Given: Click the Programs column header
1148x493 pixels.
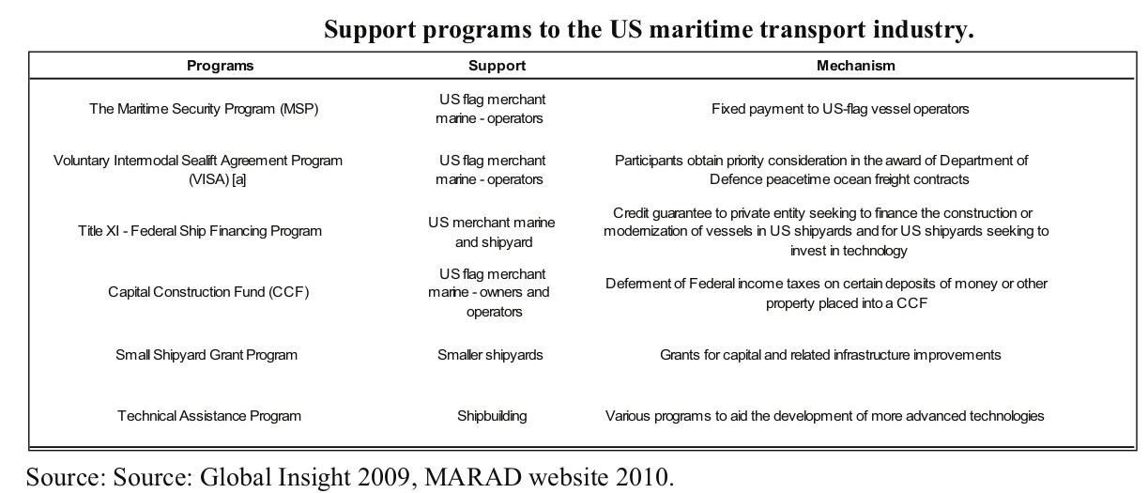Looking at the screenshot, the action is pos(220,66).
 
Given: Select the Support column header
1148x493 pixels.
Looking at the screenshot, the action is pos(497,66).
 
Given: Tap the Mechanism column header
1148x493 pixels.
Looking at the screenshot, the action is pos(855,66).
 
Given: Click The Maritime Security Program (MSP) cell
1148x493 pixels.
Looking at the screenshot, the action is pos(204,109).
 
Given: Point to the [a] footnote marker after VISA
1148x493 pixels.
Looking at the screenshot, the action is pos(238,180).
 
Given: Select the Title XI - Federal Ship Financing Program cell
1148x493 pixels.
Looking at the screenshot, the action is pos(200,231).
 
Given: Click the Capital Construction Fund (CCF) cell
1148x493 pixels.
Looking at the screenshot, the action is pos(208,292).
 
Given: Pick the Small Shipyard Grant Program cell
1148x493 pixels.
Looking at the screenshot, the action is pos(206,355).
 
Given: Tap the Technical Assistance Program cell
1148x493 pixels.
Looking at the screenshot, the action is pos(209,416).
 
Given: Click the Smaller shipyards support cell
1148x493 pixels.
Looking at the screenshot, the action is pos(490,355).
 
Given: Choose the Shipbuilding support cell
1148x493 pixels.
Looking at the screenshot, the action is pos(492,416).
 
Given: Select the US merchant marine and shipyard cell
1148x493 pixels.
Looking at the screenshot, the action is pos(492,232).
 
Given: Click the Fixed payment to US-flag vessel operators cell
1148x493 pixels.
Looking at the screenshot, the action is pos(840,109).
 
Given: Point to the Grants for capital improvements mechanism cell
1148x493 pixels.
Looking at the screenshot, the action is pos(830,355).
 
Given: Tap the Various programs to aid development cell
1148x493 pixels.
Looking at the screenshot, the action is pos(824,416).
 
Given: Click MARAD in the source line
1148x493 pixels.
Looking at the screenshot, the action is pos(472,477).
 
